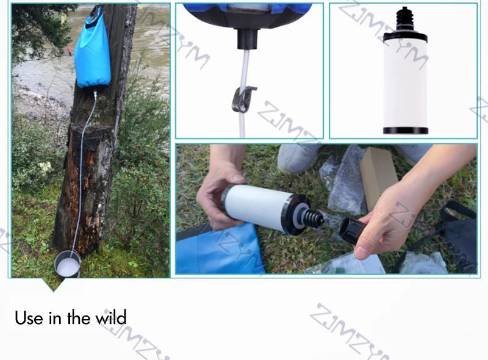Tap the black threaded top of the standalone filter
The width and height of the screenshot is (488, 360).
click(404, 23)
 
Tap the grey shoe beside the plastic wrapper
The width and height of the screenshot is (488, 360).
click(299, 158)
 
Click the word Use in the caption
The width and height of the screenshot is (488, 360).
click(29, 318)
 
